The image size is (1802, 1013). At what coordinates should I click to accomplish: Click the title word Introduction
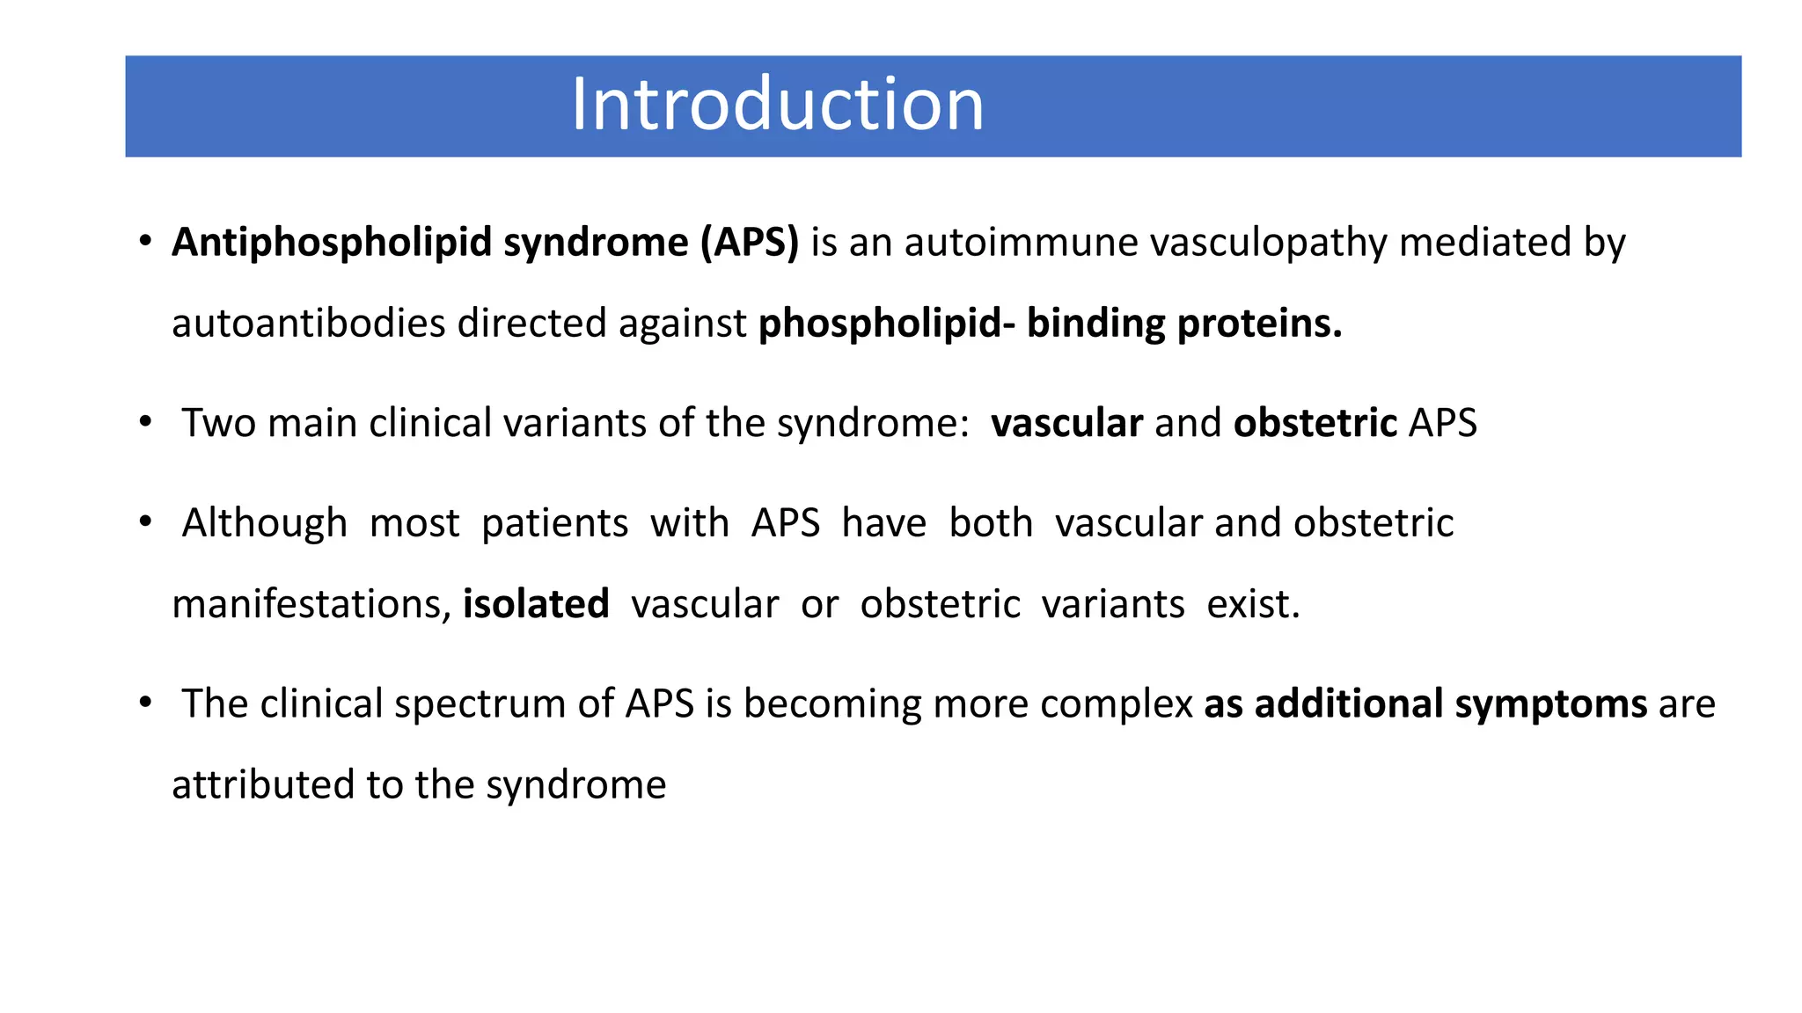[777, 106]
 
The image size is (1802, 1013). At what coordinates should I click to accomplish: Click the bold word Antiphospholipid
[331, 243]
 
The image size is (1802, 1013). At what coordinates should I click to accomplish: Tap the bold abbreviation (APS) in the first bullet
[749, 243]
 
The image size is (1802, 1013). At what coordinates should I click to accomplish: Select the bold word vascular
[1066, 423]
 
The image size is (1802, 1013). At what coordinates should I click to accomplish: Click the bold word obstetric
[1315, 423]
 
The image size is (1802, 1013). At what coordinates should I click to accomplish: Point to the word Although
[264, 523]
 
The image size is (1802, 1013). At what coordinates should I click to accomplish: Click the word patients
[554, 523]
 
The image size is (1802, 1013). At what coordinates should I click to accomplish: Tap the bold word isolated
[536, 604]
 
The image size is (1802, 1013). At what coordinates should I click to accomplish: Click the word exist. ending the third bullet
[1253, 604]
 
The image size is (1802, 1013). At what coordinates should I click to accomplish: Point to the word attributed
[263, 784]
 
